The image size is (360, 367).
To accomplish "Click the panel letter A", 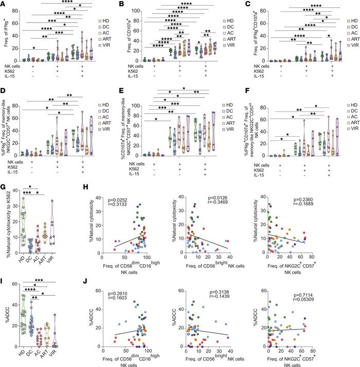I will pyautogui.click(x=4, y=4).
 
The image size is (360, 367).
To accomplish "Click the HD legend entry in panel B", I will pyautogui.click(x=228, y=21).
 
